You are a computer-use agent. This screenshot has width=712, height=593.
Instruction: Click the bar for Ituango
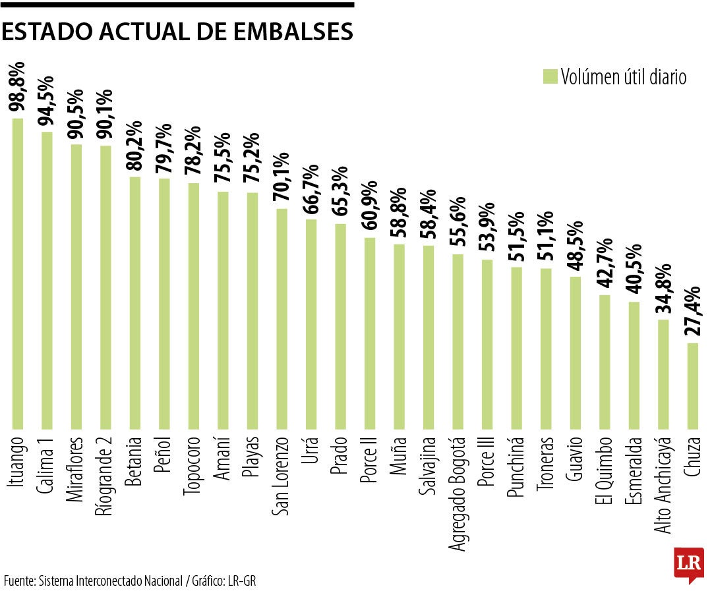click(18, 273)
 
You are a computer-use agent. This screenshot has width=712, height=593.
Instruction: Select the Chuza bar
click(692, 385)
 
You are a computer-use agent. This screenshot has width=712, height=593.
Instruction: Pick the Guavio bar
click(575, 353)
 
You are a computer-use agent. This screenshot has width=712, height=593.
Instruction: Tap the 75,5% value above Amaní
click(223, 162)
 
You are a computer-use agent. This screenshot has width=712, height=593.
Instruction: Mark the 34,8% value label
click(663, 291)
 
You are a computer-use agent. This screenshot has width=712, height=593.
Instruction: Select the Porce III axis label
click(487, 468)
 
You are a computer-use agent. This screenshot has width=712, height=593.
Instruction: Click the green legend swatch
click(550, 76)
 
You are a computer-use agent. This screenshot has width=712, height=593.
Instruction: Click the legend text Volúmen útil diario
click(624, 76)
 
